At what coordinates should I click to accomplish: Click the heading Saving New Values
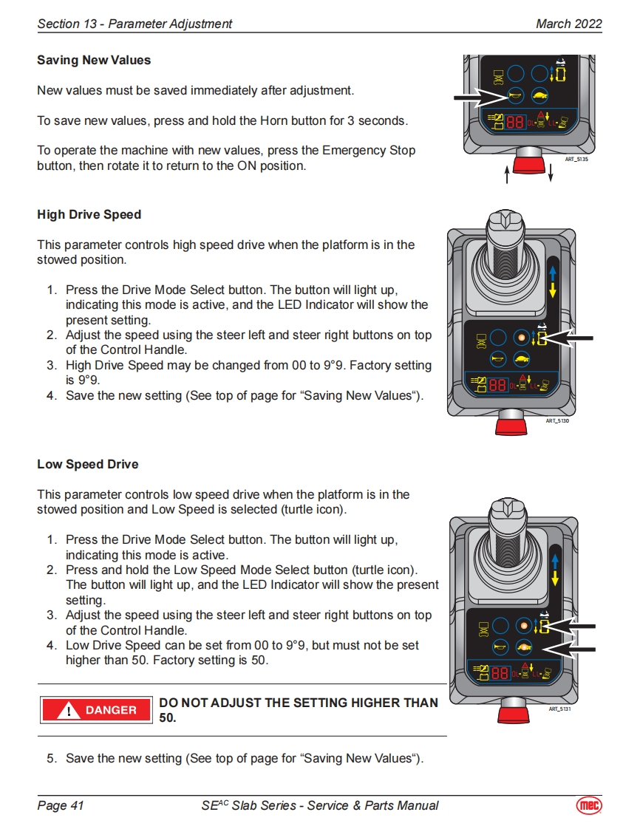(x=94, y=60)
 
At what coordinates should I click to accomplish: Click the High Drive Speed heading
(x=89, y=214)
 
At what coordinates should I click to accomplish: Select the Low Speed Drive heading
(x=87, y=464)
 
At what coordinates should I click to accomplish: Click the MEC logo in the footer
(x=588, y=805)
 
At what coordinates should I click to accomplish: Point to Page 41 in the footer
(x=61, y=805)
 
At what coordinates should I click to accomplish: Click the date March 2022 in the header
(x=568, y=24)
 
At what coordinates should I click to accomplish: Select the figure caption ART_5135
(x=576, y=159)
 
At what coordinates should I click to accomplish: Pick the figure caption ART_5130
(x=557, y=420)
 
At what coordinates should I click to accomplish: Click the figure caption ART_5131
(x=560, y=709)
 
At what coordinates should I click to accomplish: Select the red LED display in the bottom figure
(x=500, y=673)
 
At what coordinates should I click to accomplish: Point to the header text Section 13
(x=69, y=24)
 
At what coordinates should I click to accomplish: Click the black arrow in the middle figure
(x=573, y=338)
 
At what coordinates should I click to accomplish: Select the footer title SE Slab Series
(x=319, y=805)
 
